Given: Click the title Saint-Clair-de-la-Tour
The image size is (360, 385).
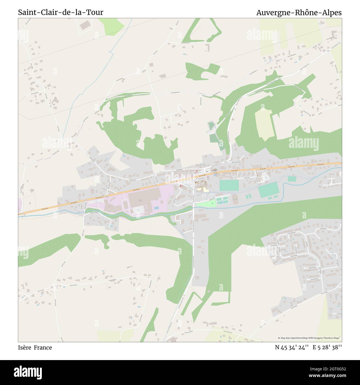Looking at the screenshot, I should (x=61, y=12).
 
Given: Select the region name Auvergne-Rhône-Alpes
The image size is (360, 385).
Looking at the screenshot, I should (x=299, y=12).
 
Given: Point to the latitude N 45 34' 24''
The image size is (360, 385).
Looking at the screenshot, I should (x=292, y=348).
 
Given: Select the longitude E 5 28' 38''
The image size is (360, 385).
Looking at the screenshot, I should (x=327, y=348).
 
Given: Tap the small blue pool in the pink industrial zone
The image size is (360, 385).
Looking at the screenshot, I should (x=156, y=208).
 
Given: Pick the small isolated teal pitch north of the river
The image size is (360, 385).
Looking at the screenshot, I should (x=292, y=179).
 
